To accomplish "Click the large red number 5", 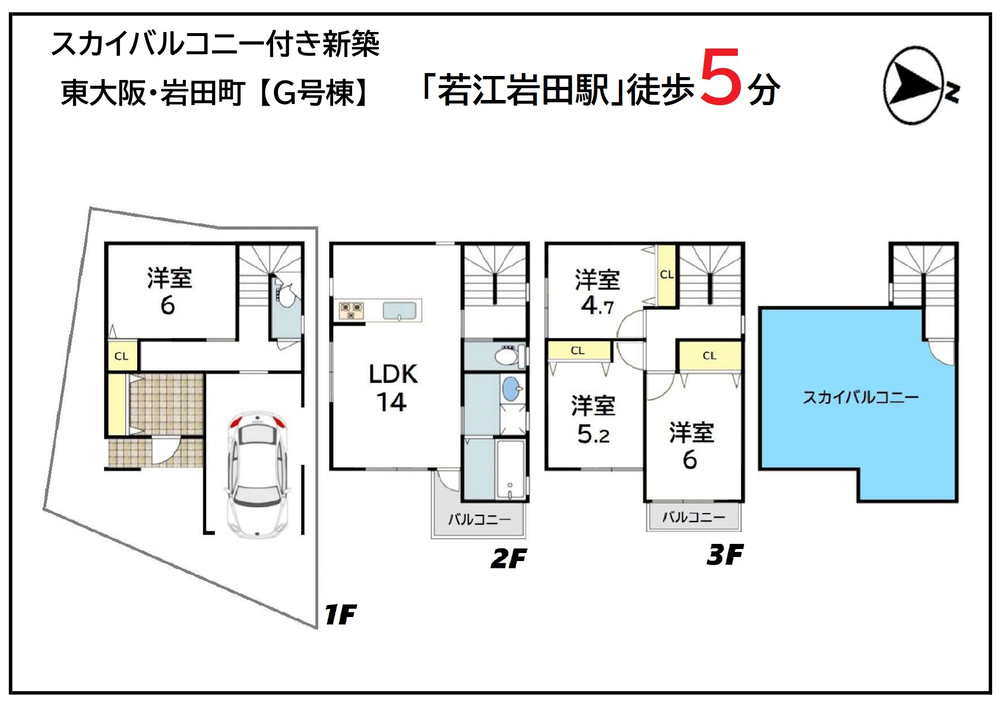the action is coord(721,77).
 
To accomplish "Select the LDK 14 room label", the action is coord(393,388).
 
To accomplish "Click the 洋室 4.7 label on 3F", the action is coord(597,292).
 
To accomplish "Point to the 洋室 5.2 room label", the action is coord(593,420).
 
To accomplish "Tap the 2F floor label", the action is coord(509,558).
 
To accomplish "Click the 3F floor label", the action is coord(725,555).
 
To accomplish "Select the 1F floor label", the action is coord(340,615).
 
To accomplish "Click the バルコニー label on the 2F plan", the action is coord(479,519).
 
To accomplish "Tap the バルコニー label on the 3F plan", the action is coord(693,517).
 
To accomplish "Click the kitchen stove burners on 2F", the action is coord(351,310).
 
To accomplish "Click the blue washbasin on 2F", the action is coord(512,389).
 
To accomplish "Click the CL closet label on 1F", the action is coord(121,356).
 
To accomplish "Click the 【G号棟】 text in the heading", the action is coord(314,93).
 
